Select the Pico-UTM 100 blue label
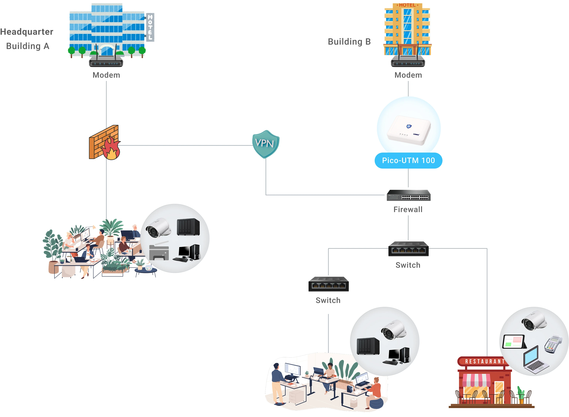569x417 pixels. coord(408,160)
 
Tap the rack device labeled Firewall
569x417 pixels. coord(408,195)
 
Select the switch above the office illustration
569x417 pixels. coord(328,284)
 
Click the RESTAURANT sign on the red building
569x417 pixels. coord(484,362)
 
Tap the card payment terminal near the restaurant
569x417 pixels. coord(553,344)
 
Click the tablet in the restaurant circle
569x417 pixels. coord(514,342)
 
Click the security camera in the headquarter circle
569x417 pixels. coord(158,228)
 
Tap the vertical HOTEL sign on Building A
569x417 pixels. coord(150,27)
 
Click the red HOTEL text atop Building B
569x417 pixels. coord(407,5)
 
